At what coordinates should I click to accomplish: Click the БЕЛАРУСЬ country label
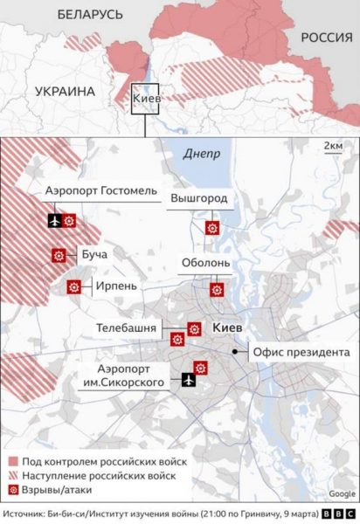pyautogui.click(x=90, y=14)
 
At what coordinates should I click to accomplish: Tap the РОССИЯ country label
pyautogui.click(x=325, y=38)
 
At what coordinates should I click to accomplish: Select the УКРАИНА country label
pyautogui.click(x=65, y=91)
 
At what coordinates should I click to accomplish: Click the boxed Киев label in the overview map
pyautogui.click(x=145, y=100)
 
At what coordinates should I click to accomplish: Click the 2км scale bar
pyautogui.click(x=333, y=147)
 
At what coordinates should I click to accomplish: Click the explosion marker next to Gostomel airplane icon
pyautogui.click(x=70, y=220)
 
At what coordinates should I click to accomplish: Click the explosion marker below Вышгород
pyautogui.click(x=211, y=228)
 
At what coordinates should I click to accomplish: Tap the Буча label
pyautogui.click(x=93, y=256)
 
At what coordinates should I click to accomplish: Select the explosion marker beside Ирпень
pyautogui.click(x=74, y=286)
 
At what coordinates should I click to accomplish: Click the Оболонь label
pyautogui.click(x=205, y=263)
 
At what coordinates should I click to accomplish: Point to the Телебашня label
pyautogui.click(x=128, y=327)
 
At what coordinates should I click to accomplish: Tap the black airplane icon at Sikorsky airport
pyautogui.click(x=188, y=380)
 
